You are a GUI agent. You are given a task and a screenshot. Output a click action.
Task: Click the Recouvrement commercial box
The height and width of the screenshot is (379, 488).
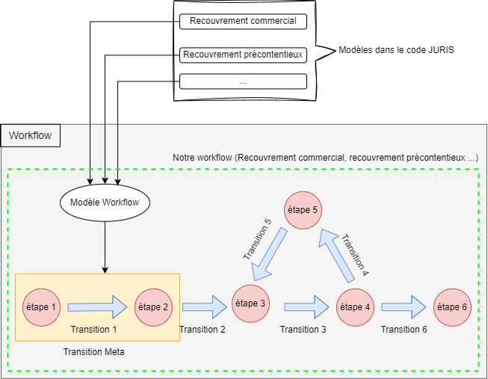coord(243,22)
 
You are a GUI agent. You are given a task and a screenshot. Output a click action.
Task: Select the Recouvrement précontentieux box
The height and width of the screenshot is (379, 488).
coord(243,54)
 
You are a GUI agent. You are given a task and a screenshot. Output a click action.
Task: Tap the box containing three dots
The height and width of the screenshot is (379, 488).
coord(243,81)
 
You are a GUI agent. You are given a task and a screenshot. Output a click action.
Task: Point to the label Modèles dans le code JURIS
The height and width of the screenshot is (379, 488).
coord(396,50)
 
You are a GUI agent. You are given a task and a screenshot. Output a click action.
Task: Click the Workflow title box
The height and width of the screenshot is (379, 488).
coord(31,135)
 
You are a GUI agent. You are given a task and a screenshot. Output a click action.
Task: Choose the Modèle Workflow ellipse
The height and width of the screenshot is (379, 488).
coord(105,202)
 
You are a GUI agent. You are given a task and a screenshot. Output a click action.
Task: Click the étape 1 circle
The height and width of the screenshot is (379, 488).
coord(42,306)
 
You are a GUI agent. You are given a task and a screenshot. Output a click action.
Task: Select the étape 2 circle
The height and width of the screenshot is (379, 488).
coord(154,306)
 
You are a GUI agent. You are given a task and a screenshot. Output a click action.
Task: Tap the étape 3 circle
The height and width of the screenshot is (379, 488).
coord(251,303)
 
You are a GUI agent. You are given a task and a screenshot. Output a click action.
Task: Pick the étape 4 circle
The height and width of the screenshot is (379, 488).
coord(354,306)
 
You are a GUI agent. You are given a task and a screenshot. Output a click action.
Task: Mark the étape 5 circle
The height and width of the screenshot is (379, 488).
coord(303,210)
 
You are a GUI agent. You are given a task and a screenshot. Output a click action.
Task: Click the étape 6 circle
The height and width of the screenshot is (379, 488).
coord(453,306)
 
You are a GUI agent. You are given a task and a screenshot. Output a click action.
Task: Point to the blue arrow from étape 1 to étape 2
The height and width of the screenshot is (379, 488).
coord(97,306)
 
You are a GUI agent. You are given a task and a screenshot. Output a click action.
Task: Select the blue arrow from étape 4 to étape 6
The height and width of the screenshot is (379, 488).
coord(404,306)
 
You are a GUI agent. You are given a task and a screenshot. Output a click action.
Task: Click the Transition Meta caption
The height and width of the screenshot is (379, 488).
coord(94,351)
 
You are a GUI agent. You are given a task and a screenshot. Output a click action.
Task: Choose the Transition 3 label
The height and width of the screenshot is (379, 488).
coord(303,330)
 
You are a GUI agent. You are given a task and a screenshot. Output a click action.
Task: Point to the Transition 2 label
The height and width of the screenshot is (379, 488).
coord(203,330)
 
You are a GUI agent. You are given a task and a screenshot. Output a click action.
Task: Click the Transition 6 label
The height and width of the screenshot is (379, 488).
coord(404,330)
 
